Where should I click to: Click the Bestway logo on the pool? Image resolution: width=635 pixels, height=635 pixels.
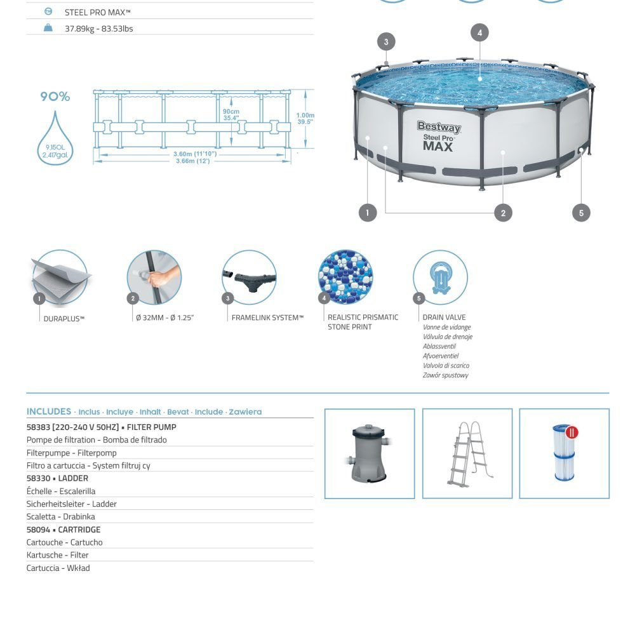point(439,127)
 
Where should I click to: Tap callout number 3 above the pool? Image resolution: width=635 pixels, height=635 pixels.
point(386,43)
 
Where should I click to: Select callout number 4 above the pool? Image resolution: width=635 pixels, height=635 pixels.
point(480,32)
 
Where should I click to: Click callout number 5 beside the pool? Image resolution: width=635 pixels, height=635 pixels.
point(581,213)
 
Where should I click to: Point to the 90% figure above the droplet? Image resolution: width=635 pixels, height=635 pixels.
point(55,97)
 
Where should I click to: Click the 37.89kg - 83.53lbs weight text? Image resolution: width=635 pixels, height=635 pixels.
point(99,29)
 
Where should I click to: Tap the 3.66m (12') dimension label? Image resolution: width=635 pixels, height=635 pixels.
point(192,161)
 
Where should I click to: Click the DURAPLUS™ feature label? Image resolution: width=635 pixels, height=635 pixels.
point(64,319)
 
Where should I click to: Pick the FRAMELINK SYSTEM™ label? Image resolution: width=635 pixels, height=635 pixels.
point(267,317)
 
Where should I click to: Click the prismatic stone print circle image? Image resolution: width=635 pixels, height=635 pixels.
point(345,277)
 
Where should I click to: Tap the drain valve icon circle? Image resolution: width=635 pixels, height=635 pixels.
point(440,277)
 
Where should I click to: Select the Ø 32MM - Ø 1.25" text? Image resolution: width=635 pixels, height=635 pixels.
point(164,317)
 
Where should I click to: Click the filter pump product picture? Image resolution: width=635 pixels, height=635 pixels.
point(370,453)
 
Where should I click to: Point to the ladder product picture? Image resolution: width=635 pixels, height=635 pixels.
point(467,453)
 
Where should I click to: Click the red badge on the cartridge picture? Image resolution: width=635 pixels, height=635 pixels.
point(572,432)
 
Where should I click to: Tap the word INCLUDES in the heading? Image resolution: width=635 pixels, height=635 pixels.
point(49,411)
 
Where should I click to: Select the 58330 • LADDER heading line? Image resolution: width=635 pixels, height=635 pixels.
point(57,478)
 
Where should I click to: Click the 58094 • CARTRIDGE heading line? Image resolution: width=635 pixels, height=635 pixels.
point(63,530)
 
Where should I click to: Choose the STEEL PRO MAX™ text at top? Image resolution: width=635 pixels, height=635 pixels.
point(98,12)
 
